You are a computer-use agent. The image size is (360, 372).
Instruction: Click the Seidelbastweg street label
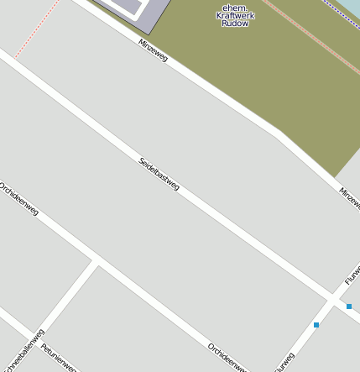[159, 175]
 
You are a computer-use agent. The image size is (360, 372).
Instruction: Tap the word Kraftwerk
[236, 15]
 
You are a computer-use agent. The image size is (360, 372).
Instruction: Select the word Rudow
[236, 24]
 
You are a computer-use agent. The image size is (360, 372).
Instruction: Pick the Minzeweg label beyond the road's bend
[350, 200]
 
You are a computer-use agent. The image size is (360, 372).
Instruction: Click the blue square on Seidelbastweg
[349, 307]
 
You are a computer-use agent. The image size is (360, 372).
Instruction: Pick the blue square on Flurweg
[316, 324]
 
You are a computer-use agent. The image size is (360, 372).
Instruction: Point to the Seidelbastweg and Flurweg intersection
[334, 299]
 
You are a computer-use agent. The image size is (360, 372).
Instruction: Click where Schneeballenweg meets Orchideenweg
[96, 262]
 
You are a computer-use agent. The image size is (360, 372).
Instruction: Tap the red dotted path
[38, 30]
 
